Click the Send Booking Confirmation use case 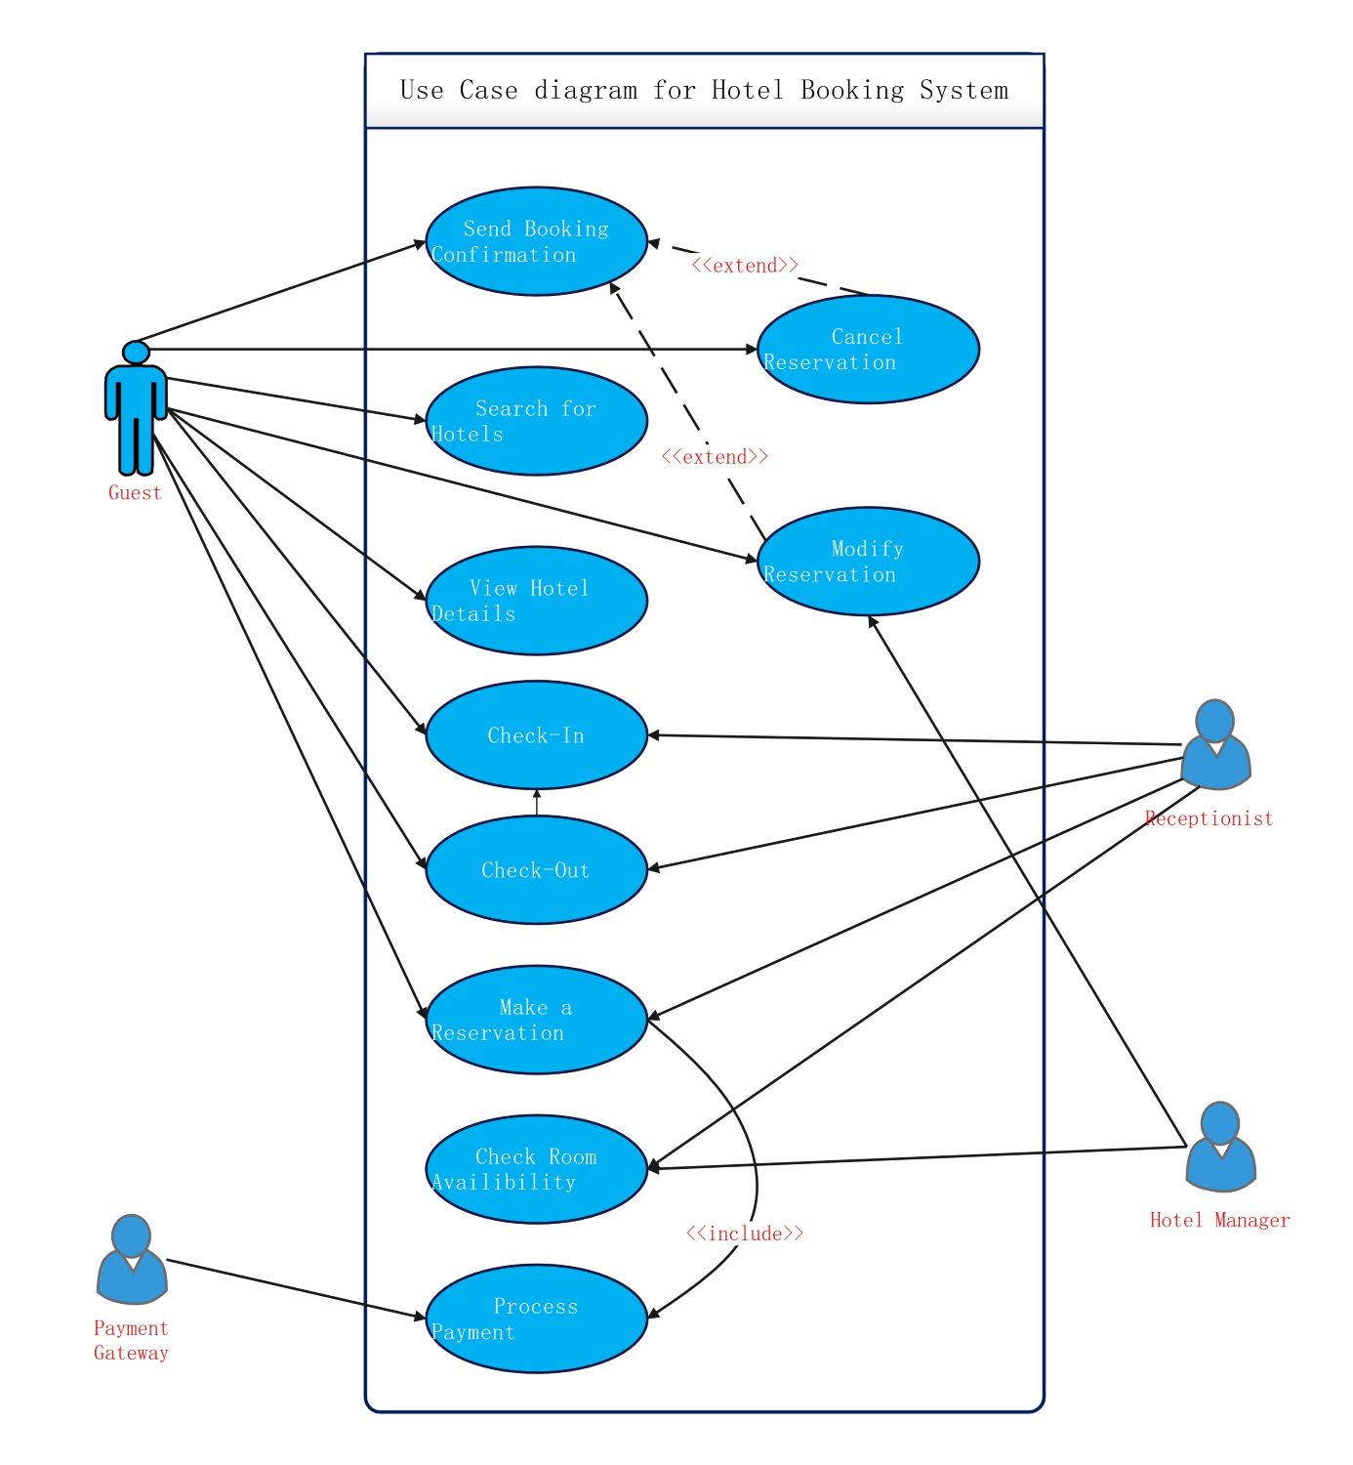[536, 241]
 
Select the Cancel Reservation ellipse [868, 349]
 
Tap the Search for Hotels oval [536, 421]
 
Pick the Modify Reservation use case [868, 562]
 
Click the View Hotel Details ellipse [536, 602]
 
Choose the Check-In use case [536, 735]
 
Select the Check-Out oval [536, 870]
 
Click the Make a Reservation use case [536, 1021]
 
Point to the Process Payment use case [536, 1319]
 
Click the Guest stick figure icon [136, 408]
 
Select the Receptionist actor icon [1215, 745]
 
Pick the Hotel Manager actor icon [1220, 1148]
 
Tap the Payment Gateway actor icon [132, 1260]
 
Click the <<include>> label [745, 1235]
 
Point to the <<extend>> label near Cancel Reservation [745, 266]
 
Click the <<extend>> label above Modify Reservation [715, 457]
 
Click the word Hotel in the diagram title [747, 90]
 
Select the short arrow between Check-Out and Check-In [536, 803]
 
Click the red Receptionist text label [1209, 818]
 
